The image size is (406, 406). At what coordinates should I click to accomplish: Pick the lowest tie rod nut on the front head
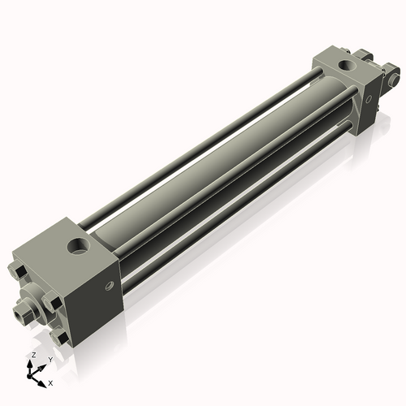pyautogui.click(x=58, y=333)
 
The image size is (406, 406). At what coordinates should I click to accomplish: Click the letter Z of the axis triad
pyautogui.click(x=32, y=356)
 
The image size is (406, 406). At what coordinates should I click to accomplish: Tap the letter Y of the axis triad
pyautogui.click(x=50, y=359)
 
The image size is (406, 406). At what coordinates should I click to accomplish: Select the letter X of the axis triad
pyautogui.click(x=51, y=382)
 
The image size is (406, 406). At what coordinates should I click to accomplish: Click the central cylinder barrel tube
pyautogui.click(x=219, y=162)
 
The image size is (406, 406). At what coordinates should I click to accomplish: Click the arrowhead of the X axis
pyautogui.click(x=44, y=379)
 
